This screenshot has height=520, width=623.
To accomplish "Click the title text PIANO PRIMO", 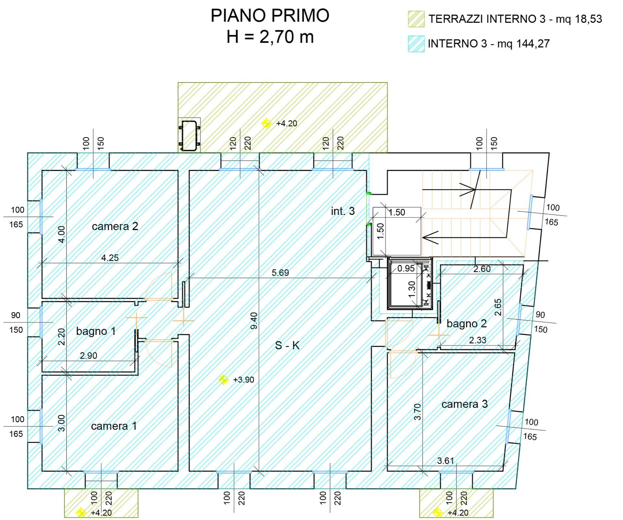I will coord(270,16).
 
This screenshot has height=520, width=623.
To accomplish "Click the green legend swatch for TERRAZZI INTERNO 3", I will coord(416,19).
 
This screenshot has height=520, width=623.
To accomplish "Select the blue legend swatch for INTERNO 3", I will coord(416,44).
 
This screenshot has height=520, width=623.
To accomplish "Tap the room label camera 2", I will coord(115,226).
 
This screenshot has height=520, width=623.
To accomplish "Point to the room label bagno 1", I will coord(96,331).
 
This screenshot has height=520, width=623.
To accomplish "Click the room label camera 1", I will coord(114,426).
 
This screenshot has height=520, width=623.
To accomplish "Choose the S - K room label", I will coord(287,345).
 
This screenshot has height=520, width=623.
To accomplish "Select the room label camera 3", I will coord(464,404).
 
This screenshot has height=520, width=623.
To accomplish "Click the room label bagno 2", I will coord(466,323).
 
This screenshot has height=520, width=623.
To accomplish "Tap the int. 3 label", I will coord(343,211).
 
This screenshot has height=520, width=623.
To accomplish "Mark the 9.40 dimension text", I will coord(254,320).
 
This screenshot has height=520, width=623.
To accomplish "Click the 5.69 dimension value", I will coord(280,273).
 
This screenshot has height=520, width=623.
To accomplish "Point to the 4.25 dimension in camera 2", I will coord(110,258).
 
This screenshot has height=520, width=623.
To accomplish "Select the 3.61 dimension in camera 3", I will coord(445,461).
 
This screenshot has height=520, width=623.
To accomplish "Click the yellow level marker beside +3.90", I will coord(223,379).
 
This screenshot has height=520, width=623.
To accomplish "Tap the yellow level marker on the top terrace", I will coord(266,123).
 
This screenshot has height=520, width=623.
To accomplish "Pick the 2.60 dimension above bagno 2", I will coord(482,269).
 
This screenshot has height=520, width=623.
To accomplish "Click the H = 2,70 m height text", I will coord(270,37).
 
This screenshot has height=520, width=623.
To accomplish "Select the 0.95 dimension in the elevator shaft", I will coord(406,268).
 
